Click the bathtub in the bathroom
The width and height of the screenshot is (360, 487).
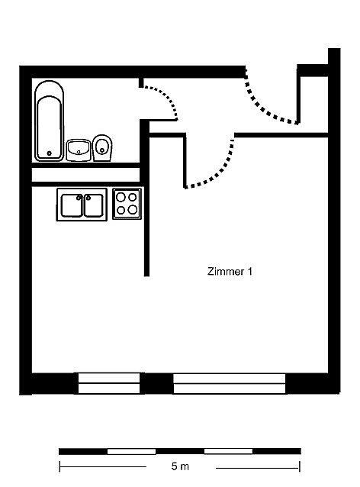click(x=50, y=121)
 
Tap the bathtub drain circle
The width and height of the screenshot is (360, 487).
click(x=49, y=153)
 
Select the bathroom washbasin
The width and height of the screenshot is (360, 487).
click(x=79, y=150)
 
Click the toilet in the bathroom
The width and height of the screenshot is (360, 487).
click(x=102, y=148)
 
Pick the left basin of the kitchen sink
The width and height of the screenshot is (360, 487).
click(x=72, y=205)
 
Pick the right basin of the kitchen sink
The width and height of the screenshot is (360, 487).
click(x=93, y=205)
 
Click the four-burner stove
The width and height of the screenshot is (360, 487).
click(x=127, y=204)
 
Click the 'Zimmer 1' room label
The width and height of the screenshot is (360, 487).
click(x=230, y=272)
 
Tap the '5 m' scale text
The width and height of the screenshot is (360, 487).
click(x=180, y=466)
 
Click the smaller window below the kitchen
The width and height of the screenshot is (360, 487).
click(x=109, y=384)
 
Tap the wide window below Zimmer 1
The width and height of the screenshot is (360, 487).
click(x=230, y=384)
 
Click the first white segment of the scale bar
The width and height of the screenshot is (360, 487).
click(x=132, y=451)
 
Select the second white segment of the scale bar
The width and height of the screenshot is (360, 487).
click(x=228, y=451)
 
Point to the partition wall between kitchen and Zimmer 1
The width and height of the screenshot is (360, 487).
click(x=146, y=205)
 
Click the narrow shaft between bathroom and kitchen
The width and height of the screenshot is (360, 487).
click(x=85, y=175)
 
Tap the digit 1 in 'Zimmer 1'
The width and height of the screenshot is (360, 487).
click(x=249, y=272)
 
